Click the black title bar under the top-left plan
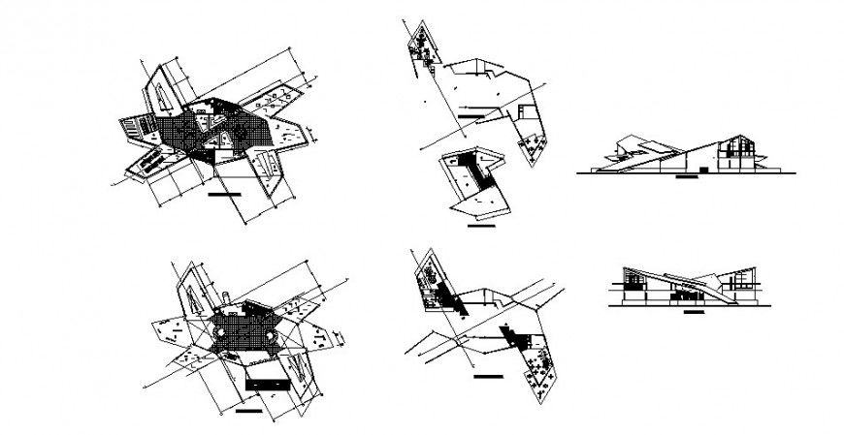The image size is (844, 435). pyautogui.click(x=224, y=195)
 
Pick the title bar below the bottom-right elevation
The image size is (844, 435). pyautogui.click(x=693, y=313)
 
